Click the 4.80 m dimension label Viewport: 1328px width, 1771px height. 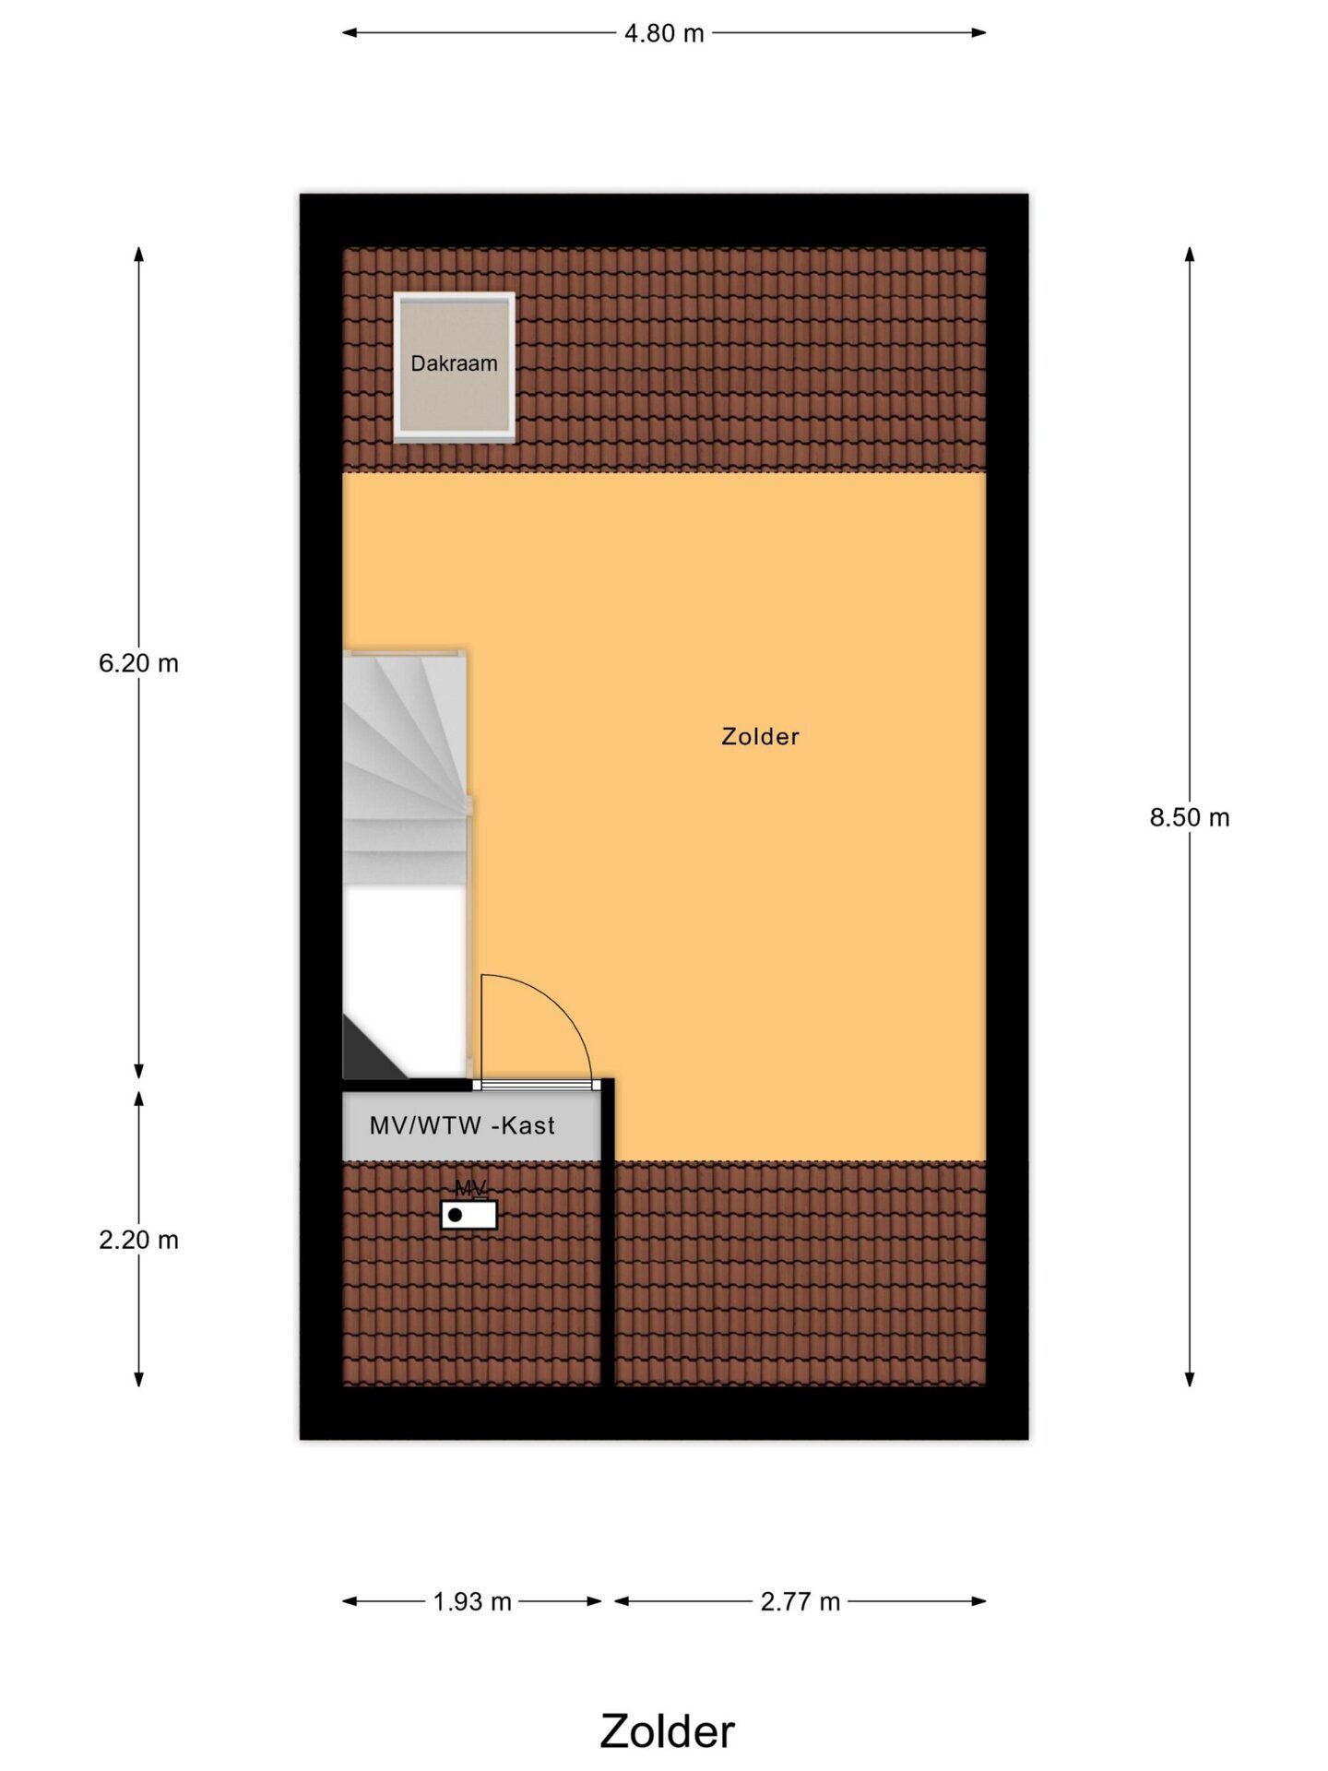(664, 33)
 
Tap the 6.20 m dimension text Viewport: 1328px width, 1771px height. (138, 663)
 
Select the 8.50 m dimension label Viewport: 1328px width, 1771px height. (1190, 817)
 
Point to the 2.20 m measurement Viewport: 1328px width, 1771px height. (138, 1240)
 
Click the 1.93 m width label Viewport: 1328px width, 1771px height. (472, 1601)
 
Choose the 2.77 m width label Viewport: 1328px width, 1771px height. (800, 1601)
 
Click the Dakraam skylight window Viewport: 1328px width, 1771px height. (454, 367)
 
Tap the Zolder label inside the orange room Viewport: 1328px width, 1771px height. (760, 736)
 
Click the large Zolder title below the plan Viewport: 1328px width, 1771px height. (667, 1731)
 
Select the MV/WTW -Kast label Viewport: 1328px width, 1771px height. (462, 1125)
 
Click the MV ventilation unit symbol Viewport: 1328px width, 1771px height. (468, 1215)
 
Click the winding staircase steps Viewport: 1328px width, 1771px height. (406, 766)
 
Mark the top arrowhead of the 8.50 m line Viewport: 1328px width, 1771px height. (1190, 254)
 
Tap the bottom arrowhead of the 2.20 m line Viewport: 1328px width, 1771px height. (138, 1379)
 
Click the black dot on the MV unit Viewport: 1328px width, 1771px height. (455, 1216)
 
